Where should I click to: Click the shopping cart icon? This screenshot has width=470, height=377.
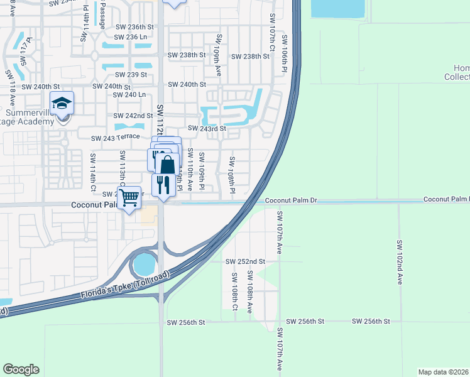(x=129, y=197)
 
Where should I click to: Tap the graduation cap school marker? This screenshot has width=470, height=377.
(x=62, y=102)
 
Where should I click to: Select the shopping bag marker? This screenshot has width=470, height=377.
(x=167, y=165)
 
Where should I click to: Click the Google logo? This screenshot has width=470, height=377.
(x=21, y=369)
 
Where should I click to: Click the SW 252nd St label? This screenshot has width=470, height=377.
(x=246, y=261)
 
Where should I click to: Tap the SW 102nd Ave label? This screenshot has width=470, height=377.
(x=400, y=261)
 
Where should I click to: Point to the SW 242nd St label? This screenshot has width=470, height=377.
(x=133, y=116)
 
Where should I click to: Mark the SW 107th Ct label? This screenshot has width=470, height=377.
(x=273, y=33)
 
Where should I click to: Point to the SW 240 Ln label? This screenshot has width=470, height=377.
(x=129, y=95)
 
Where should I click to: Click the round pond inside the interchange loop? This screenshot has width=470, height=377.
(x=145, y=265)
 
